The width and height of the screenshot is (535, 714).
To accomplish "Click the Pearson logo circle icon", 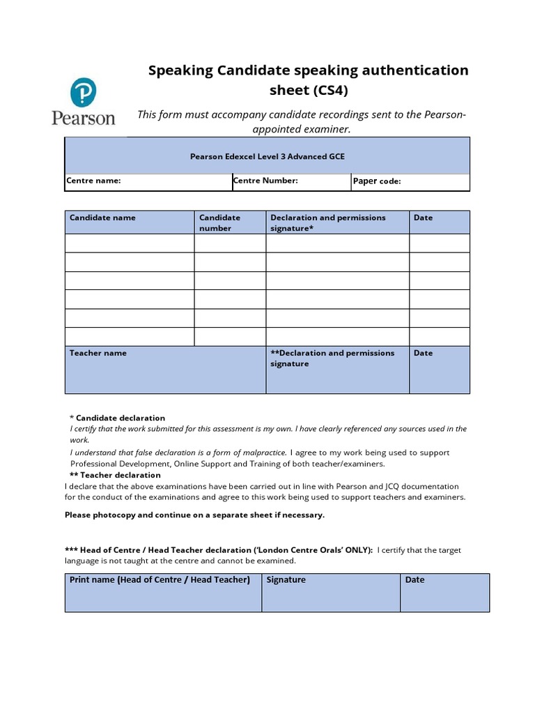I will point(83,92).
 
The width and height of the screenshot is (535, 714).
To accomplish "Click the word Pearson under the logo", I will point(83,117).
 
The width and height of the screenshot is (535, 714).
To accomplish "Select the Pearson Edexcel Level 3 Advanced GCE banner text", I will point(267,157).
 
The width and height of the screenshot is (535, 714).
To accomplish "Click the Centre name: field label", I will point(93,181).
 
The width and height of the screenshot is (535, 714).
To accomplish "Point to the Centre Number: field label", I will point(265,181).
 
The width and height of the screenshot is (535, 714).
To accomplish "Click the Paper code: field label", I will point(377,181).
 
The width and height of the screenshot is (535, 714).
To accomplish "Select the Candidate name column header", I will point(102,218).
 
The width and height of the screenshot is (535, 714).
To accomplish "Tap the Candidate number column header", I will point(219,222).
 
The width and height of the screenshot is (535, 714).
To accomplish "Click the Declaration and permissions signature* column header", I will point(327,222).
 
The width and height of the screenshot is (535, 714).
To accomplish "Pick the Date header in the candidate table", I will point(423,218).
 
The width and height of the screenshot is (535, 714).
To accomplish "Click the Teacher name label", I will point(98,353).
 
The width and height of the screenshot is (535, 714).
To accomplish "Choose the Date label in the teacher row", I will point(423,353).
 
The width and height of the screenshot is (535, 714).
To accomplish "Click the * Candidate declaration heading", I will point(118,418).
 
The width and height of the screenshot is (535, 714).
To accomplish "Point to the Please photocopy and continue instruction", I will point(194,515).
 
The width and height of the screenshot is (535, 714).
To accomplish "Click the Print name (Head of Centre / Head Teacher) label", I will point(160,579).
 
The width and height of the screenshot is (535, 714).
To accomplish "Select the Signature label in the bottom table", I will point(286,579).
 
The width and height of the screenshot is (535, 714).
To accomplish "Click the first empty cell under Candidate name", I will point(130,243).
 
